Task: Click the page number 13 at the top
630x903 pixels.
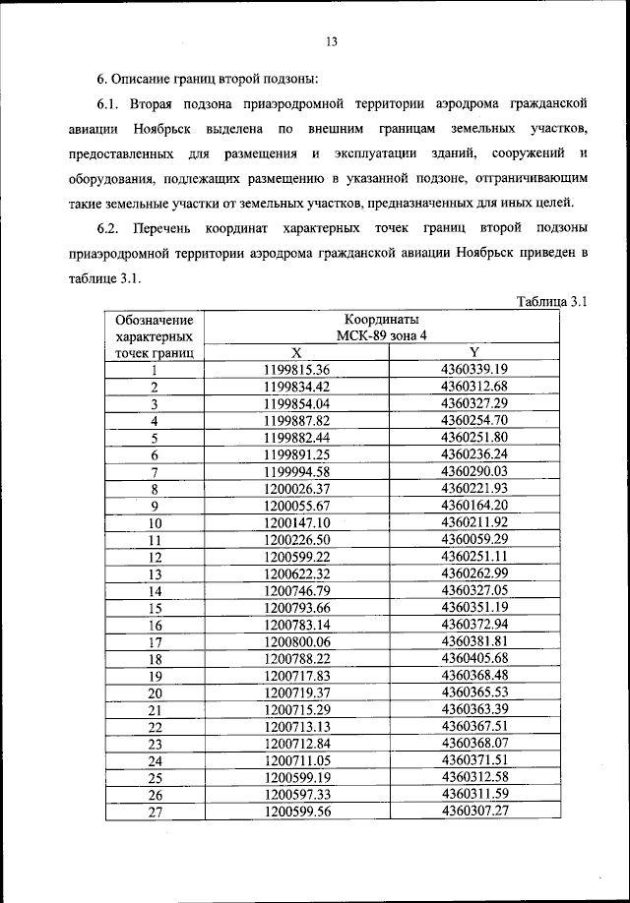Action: tap(331, 41)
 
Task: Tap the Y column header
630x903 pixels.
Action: tap(474, 353)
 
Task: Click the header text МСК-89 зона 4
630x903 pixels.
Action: tap(382, 336)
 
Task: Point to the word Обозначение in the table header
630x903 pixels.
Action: tap(154, 320)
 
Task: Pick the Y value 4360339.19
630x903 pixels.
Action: tap(474, 370)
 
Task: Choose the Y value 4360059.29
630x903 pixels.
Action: tap(474, 540)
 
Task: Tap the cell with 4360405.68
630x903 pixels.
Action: tap(474, 659)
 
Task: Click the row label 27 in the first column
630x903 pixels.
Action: tap(155, 813)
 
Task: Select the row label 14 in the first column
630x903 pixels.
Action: tap(155, 592)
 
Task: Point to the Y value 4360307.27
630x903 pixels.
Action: tap(474, 813)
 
